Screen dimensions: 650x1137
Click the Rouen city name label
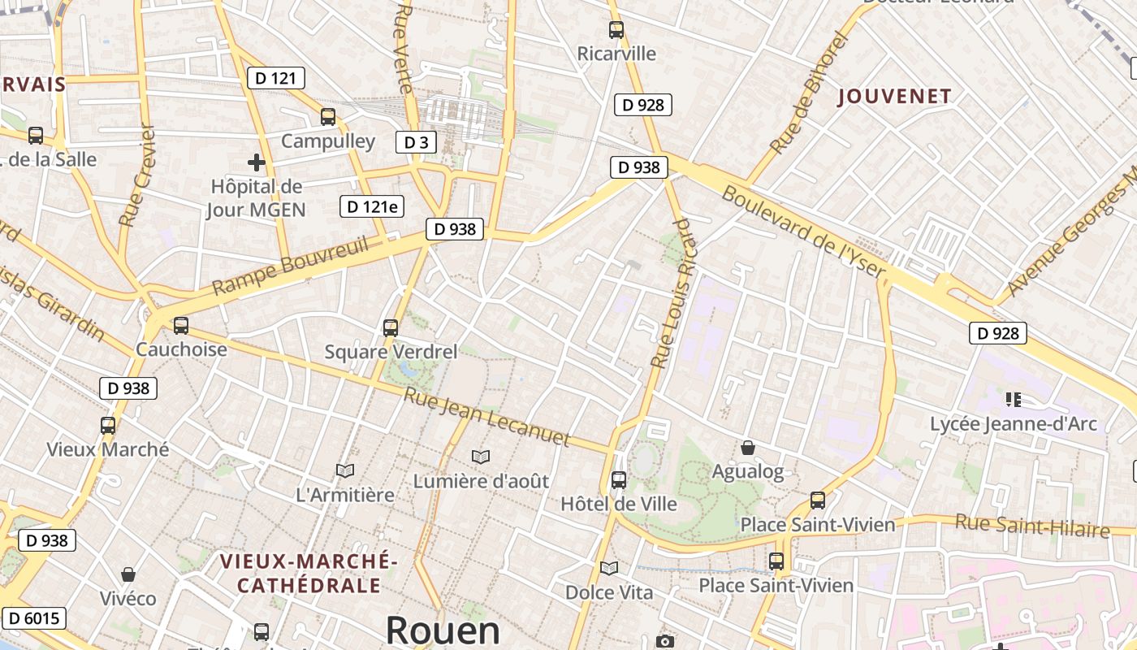pyautogui.click(x=443, y=630)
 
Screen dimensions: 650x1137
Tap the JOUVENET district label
pyautogui.click(x=894, y=97)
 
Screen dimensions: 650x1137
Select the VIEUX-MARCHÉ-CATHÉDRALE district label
pyautogui.click(x=308, y=573)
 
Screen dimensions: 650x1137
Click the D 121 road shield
pyautogui.click(x=276, y=78)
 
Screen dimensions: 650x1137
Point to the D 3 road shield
pyautogui.click(x=416, y=142)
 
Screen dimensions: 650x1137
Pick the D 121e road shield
pyautogui.click(x=372, y=206)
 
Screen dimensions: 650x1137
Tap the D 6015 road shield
pyautogui.click(x=32, y=618)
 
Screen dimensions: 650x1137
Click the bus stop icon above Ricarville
pyautogui.click(x=616, y=30)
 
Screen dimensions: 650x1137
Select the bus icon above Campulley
pyautogui.click(x=328, y=116)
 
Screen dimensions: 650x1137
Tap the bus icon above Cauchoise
pyautogui.click(x=181, y=325)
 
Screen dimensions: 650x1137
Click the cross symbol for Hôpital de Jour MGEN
pyautogui.click(x=257, y=162)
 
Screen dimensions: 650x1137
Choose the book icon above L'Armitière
pyautogui.click(x=345, y=470)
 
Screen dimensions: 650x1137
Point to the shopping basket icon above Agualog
pyautogui.click(x=748, y=448)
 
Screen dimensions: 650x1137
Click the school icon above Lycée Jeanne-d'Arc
pyautogui.click(x=1013, y=399)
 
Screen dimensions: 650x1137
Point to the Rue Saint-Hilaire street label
pyautogui.click(x=1032, y=526)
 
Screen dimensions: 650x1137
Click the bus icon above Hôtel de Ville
pyautogui.click(x=619, y=479)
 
